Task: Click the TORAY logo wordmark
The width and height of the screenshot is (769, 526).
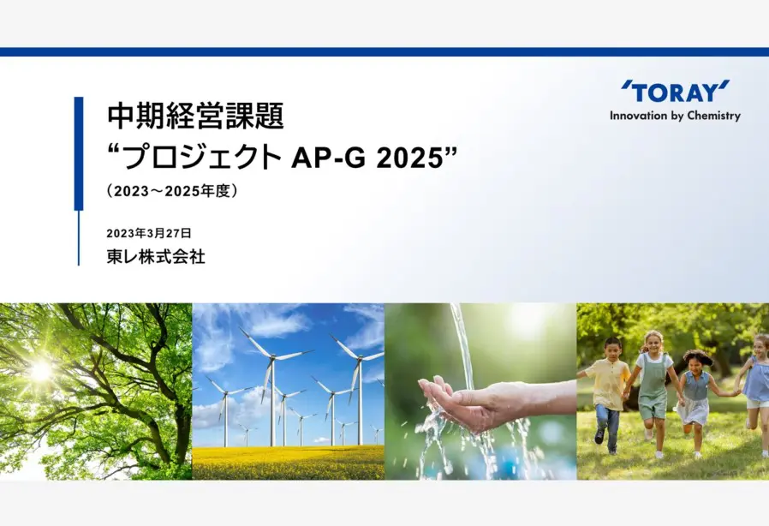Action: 676,92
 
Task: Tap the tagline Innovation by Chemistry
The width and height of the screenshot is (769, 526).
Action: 676,117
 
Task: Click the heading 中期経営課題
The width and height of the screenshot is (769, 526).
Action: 196,116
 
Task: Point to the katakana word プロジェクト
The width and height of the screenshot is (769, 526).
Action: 203,158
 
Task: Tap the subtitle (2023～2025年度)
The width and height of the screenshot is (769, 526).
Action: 171,190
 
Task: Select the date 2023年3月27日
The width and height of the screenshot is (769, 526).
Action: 149,233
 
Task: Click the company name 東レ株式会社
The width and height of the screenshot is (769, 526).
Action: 156,257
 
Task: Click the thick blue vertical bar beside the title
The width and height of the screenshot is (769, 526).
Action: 79,153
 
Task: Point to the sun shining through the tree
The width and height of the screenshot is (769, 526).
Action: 40,370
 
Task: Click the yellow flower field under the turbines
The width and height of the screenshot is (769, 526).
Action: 289,463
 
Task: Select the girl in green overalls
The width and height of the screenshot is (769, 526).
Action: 653,392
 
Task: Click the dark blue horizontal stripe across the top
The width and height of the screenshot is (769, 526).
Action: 384,52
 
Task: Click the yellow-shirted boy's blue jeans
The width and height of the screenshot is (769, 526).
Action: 606,427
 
